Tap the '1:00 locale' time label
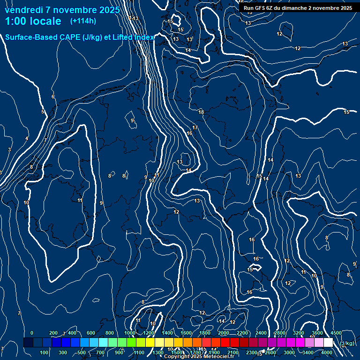(33, 21)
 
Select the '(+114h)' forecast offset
(83, 21)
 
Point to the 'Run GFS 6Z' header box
(298, 8)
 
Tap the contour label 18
(201, 112)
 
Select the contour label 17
(195, 127)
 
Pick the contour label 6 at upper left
(53, 97)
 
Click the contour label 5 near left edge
(43, 112)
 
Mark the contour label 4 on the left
(27, 138)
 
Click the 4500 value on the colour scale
(336, 333)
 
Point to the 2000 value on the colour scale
(224, 333)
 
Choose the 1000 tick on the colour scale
(130, 333)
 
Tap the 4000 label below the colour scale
(327, 352)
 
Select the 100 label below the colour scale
(45, 352)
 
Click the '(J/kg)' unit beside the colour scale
(347, 344)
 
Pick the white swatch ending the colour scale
(328, 343)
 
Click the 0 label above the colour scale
(32, 333)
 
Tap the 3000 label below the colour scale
(289, 352)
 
